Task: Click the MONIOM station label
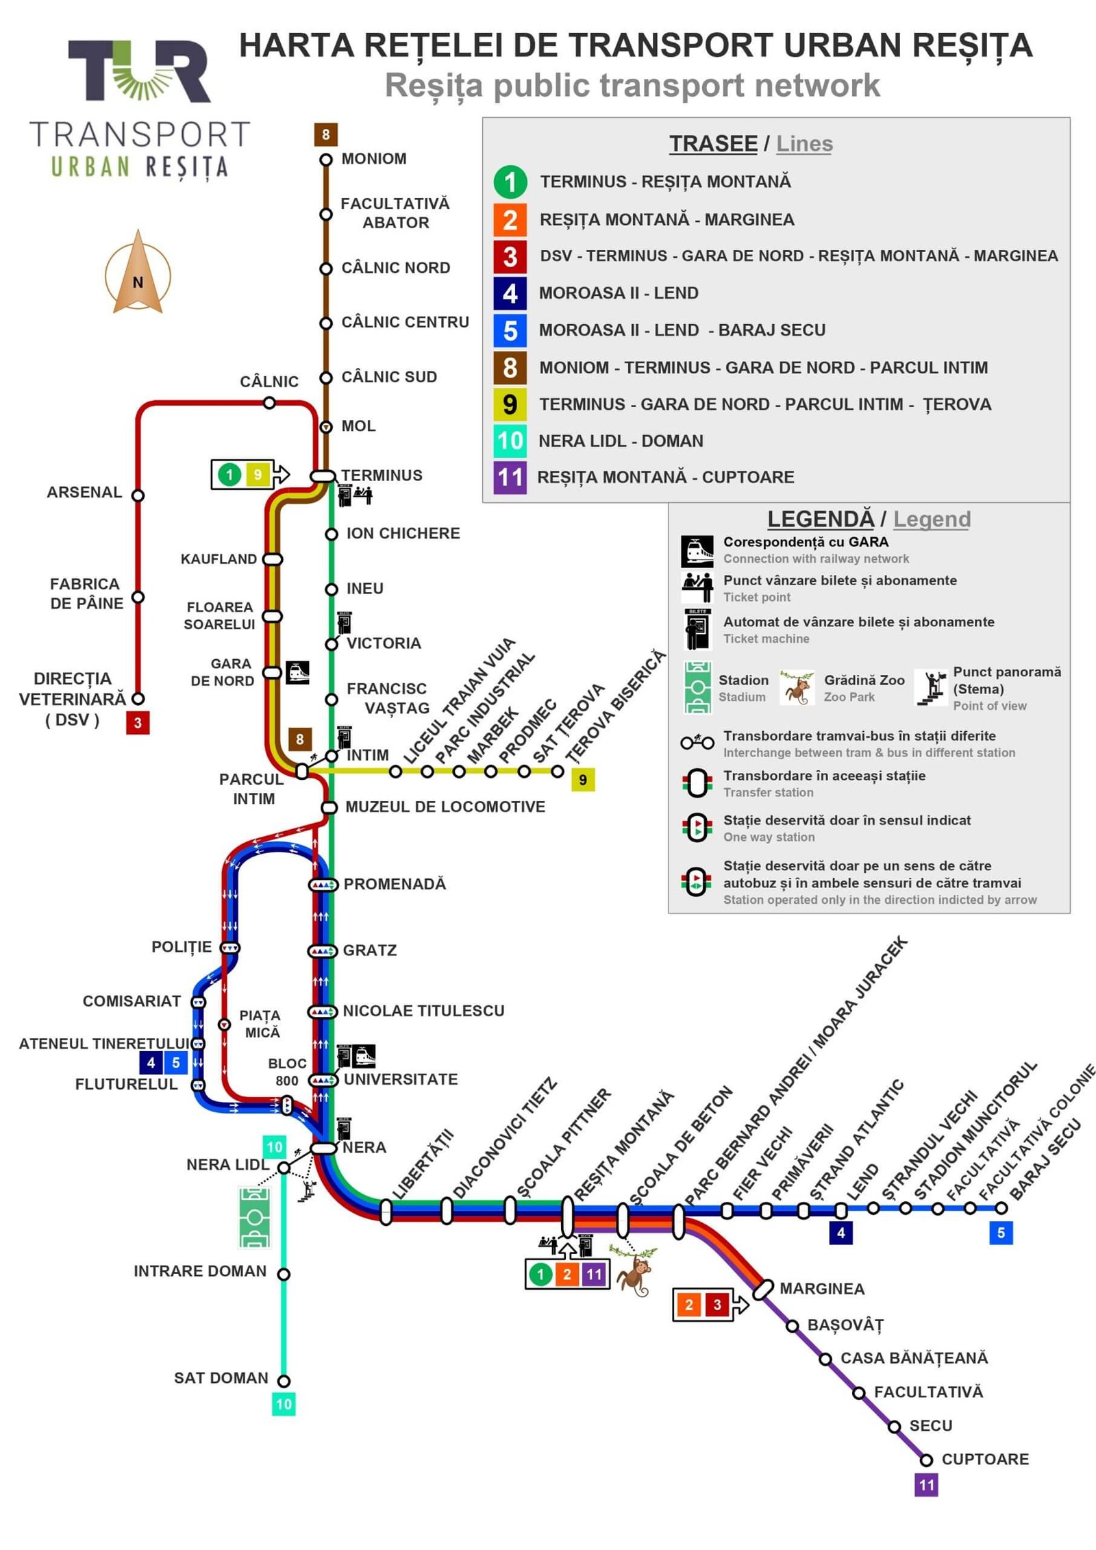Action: tap(373, 159)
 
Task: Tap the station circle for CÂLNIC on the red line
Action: tap(269, 403)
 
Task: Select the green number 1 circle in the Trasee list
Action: tap(510, 182)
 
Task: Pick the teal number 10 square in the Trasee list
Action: tap(510, 441)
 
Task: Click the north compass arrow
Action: tap(138, 273)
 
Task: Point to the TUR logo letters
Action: tap(139, 71)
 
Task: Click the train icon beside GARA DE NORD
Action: tap(297, 672)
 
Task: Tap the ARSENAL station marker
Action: tap(138, 495)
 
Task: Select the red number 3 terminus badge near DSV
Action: tap(138, 722)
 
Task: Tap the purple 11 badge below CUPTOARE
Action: tap(926, 1485)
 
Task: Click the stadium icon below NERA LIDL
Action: tap(255, 1217)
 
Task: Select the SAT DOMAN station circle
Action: tap(284, 1381)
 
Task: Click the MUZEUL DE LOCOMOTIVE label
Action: tap(445, 807)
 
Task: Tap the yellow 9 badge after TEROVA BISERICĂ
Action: tap(583, 780)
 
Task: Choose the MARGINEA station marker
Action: tap(763, 1290)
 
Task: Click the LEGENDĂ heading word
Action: tap(821, 519)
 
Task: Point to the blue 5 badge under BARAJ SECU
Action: tap(1001, 1233)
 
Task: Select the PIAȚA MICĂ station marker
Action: tap(224, 1024)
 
